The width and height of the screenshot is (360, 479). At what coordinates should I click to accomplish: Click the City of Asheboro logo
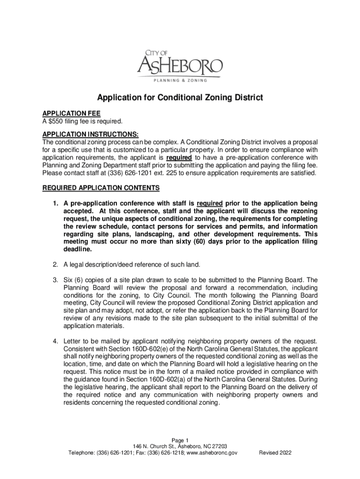[180, 66]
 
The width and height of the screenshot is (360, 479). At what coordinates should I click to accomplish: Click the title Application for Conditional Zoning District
[180, 98]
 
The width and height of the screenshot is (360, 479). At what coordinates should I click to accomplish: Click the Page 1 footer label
[180, 440]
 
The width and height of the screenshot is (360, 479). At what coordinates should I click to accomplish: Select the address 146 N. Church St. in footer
[154, 447]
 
